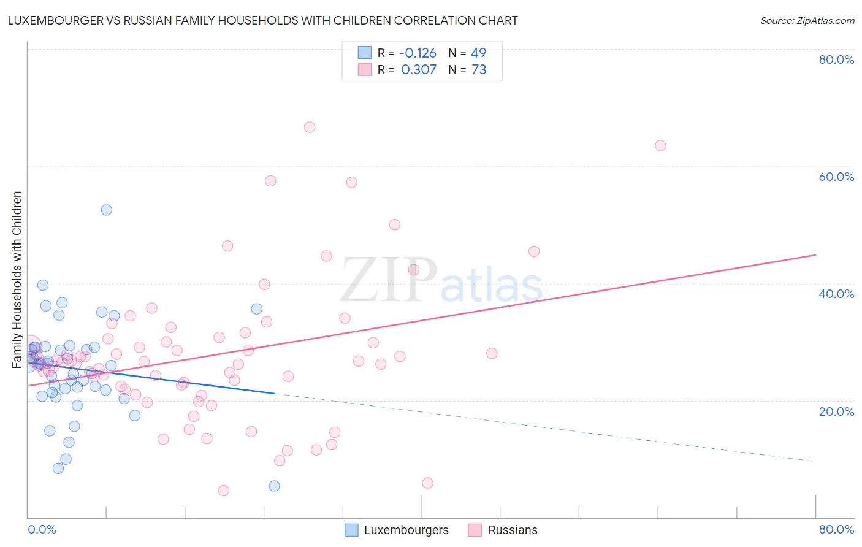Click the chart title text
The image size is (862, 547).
pos(262,20)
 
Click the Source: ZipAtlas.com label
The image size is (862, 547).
pos(807,20)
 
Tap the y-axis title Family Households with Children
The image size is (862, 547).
pos(17,280)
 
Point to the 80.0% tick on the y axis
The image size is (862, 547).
pos(836,59)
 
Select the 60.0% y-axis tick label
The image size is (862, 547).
pos(836,177)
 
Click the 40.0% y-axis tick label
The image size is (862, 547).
pos(836,294)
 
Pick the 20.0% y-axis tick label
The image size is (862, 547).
pos(836,411)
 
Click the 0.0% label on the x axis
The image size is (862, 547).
pos(42,529)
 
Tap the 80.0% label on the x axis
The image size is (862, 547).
pos(836,529)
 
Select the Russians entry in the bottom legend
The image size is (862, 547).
pos(513,530)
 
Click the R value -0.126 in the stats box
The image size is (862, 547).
pos(418,53)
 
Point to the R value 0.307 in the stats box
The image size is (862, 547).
pos(419,70)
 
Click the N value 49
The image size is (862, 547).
pos(478,53)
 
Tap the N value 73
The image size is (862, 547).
pos(478,70)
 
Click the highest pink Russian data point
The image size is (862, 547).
pos(310,128)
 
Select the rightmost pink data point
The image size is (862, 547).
pos(660,146)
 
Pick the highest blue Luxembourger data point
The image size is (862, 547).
pos(107,210)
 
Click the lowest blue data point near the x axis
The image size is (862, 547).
pos(274,486)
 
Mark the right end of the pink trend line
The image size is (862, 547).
pos(815,254)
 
